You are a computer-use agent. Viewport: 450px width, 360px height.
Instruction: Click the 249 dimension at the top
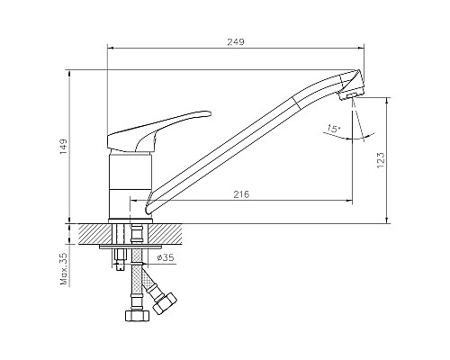(x=236, y=42)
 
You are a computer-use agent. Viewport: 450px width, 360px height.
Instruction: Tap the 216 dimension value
(x=241, y=194)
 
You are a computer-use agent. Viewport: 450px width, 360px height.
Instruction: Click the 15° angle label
(x=334, y=129)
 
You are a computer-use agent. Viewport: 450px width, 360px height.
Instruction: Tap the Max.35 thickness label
(x=62, y=269)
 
